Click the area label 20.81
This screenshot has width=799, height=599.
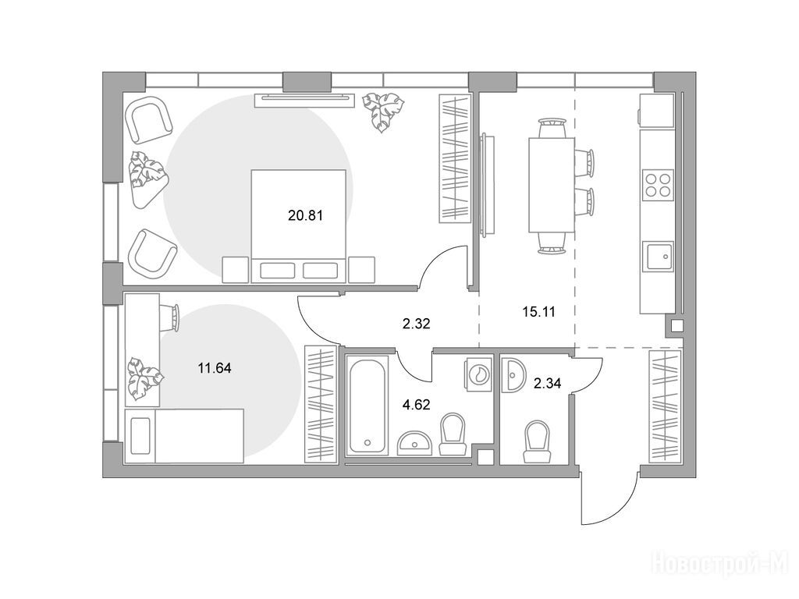click(x=305, y=215)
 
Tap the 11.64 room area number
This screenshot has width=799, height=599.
click(x=215, y=368)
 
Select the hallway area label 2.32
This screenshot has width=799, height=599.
click(x=417, y=324)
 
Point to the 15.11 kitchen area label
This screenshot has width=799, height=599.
click(x=538, y=311)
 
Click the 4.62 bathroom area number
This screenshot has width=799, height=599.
click(x=417, y=405)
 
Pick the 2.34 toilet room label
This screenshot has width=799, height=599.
click(x=547, y=383)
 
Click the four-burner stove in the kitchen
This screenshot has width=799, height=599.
click(x=658, y=185)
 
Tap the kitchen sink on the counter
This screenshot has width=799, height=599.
click(x=658, y=256)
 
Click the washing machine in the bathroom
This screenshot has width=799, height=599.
click(x=478, y=374)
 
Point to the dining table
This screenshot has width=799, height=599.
click(x=552, y=184)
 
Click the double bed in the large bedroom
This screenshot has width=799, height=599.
click(x=299, y=226)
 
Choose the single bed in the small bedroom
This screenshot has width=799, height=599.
click(x=184, y=435)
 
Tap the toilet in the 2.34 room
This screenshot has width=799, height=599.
click(x=538, y=441)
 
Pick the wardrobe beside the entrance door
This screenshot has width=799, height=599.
click(x=666, y=406)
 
